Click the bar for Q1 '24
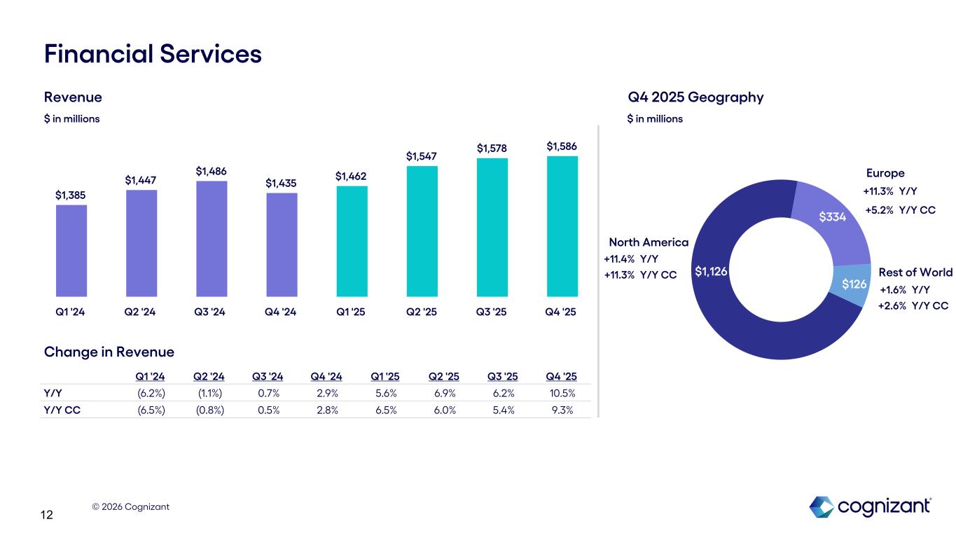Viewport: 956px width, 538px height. click(x=71, y=250)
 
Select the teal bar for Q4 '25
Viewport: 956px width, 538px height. click(x=562, y=226)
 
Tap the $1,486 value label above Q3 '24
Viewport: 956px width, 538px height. click(x=211, y=171)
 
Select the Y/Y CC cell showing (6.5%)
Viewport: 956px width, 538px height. click(x=151, y=411)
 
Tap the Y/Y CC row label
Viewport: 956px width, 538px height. click(x=62, y=411)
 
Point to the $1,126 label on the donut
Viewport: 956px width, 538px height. click(x=711, y=271)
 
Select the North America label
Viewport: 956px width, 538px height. click(x=649, y=242)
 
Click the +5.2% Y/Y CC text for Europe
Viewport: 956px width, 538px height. click(x=900, y=209)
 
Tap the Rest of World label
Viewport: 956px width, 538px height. click(x=915, y=273)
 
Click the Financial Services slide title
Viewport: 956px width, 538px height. click(x=153, y=53)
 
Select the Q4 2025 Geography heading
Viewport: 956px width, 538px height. click(x=695, y=97)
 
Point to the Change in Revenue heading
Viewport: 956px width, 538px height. click(x=109, y=352)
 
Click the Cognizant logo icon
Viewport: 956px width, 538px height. click(x=822, y=507)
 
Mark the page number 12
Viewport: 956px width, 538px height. click(x=47, y=516)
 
